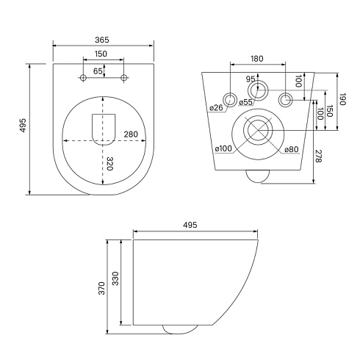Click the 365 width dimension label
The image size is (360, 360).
click(x=102, y=40)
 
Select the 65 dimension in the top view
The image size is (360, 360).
click(x=98, y=71)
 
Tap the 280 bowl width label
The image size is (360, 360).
click(x=131, y=134)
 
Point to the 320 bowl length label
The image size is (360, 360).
click(x=109, y=164)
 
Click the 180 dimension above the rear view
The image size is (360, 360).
click(x=257, y=59)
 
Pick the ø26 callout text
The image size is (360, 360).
click(x=217, y=107)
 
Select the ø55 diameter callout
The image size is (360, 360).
click(x=245, y=102)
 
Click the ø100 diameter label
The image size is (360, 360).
click(x=223, y=148)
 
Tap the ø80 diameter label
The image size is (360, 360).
click(x=292, y=149)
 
